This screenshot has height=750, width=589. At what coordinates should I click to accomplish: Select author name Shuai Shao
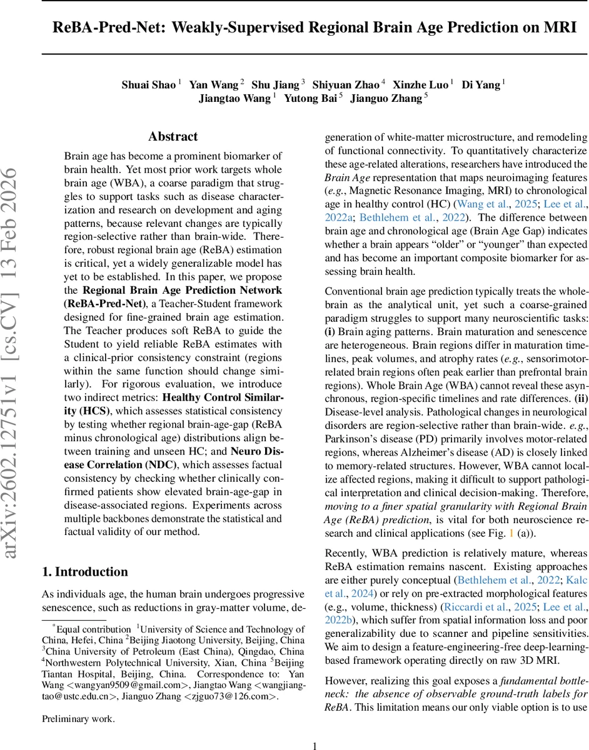[x=148, y=85]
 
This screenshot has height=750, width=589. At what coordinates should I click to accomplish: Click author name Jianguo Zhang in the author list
[x=386, y=98]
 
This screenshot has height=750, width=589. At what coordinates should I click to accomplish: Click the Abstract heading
[x=173, y=136]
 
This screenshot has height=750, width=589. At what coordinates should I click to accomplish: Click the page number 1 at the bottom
[x=315, y=728]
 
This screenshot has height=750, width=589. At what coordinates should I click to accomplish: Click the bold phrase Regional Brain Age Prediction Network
[x=182, y=290]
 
